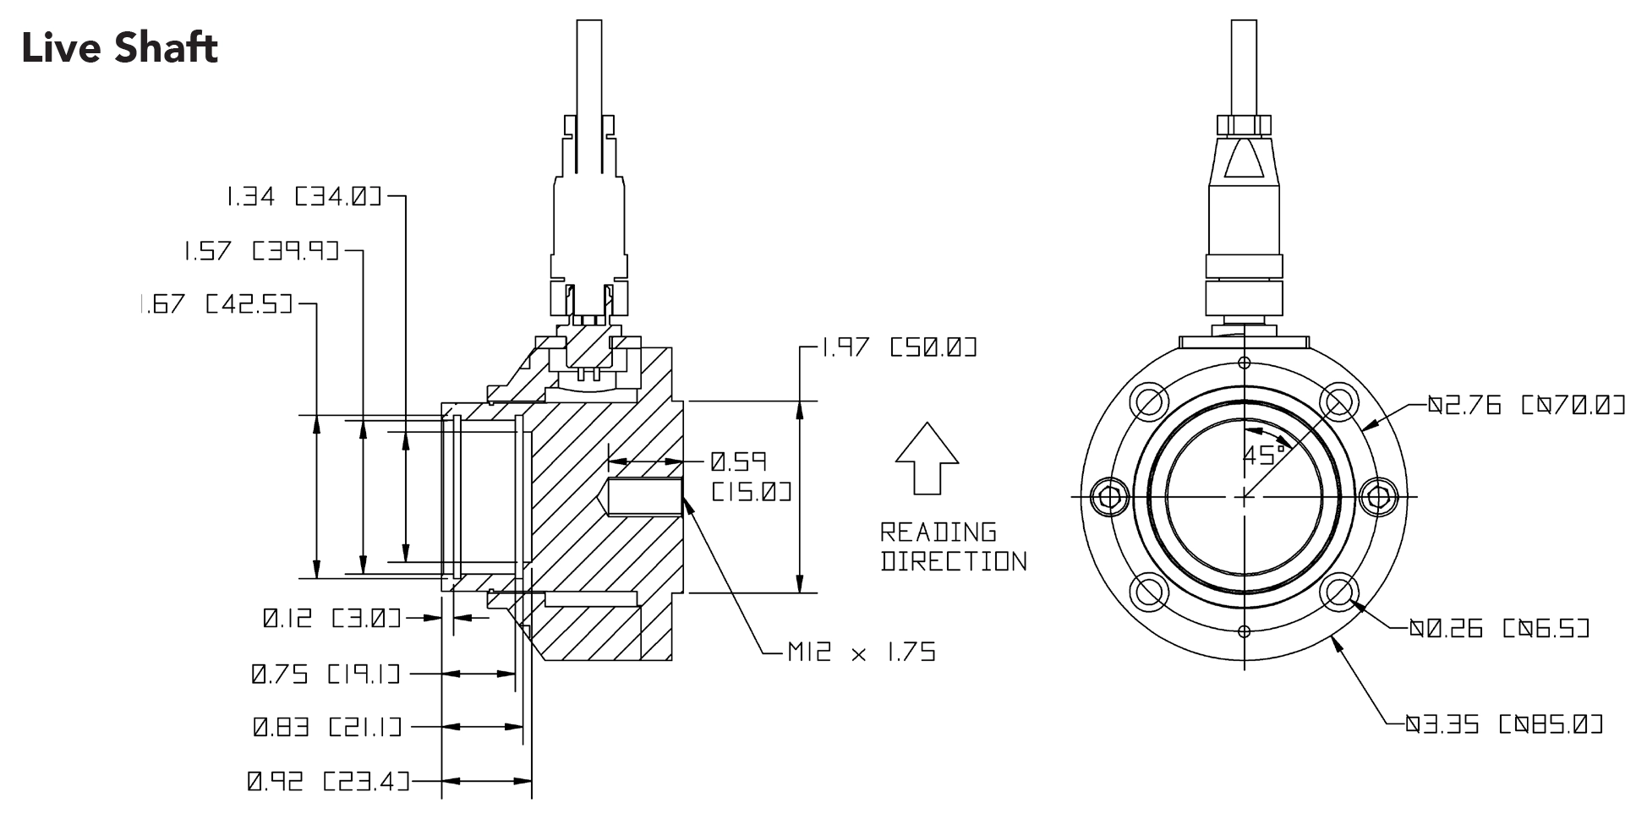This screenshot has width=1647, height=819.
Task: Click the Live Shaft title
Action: pyautogui.click(x=119, y=48)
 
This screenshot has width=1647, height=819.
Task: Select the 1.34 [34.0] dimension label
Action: pyautogui.click(x=303, y=197)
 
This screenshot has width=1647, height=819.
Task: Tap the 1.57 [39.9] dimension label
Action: pyautogui.click(x=260, y=250)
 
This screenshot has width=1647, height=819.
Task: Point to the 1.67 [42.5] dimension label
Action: pyautogui.click(x=215, y=303)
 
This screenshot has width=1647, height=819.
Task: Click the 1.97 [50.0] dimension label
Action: pyautogui.click(x=899, y=347)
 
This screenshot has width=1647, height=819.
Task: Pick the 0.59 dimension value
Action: pyautogui.click(x=737, y=461)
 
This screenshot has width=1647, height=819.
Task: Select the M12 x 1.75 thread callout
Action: pyautogui.click(x=861, y=652)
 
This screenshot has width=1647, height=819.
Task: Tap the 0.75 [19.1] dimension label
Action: pyautogui.click(x=326, y=674)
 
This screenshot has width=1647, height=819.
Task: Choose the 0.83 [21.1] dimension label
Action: pyautogui.click(x=326, y=726)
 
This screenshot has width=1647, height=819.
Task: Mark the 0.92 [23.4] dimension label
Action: pyautogui.click(x=327, y=781)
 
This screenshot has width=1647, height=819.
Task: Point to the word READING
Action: pyautogui.click(x=938, y=532)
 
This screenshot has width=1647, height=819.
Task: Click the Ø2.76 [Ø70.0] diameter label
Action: pyautogui.click(x=1526, y=406)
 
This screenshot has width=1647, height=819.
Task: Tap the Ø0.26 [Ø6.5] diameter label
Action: pyautogui.click(x=1498, y=628)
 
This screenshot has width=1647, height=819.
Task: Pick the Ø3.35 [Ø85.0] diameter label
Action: pyautogui.click(x=1504, y=724)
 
